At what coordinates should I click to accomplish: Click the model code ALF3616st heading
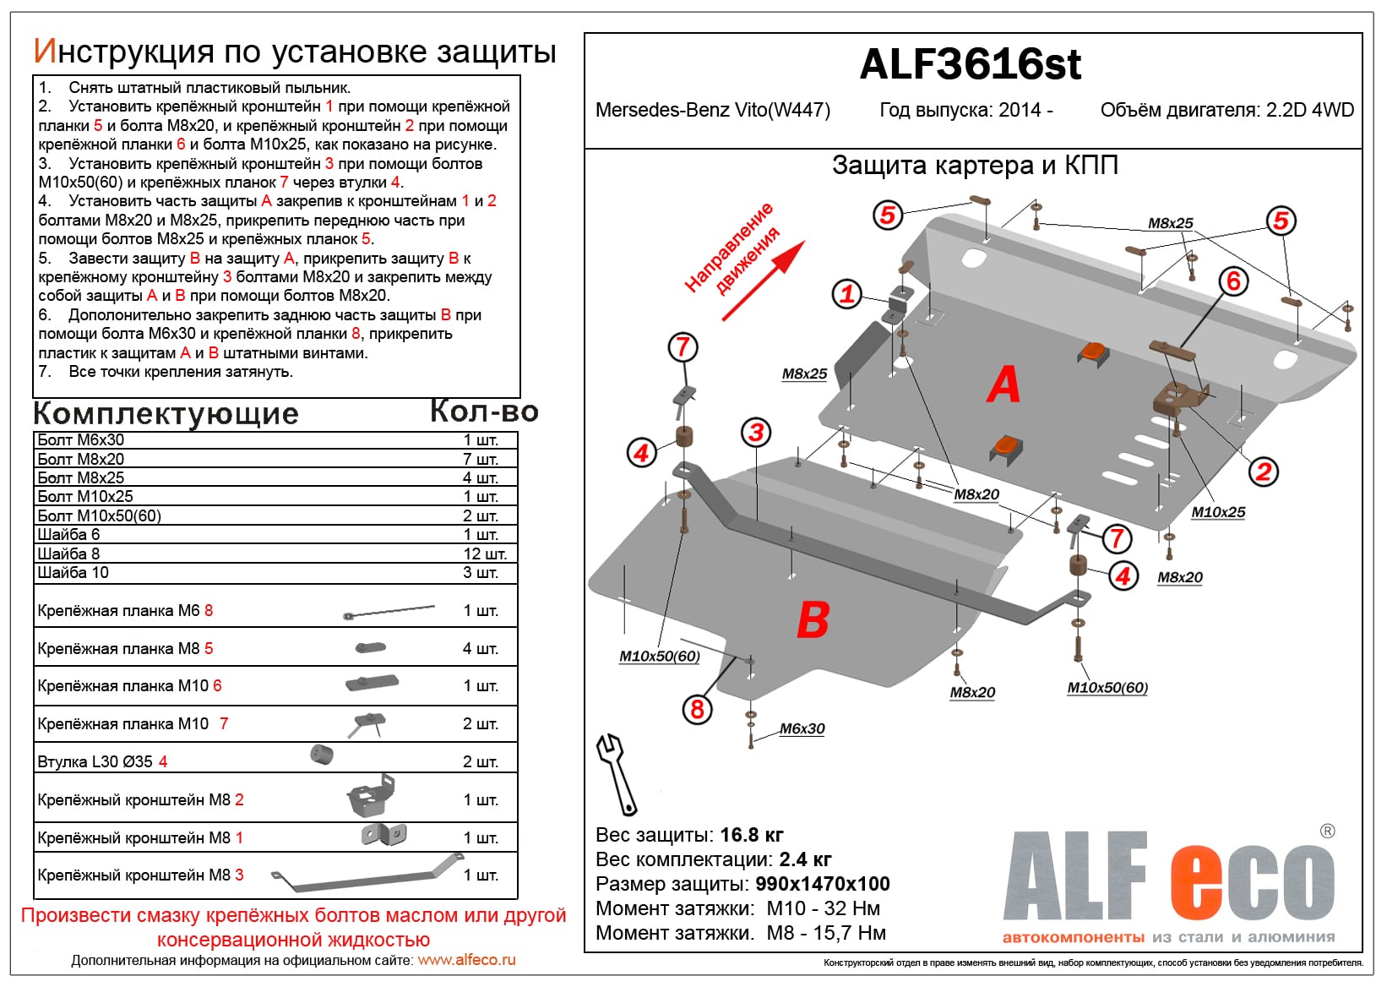[x=970, y=65]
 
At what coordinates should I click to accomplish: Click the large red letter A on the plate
[x=1004, y=385]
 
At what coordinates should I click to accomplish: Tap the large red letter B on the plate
[x=813, y=620]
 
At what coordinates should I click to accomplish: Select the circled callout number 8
[x=697, y=709]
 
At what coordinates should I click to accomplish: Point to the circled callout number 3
[x=756, y=433]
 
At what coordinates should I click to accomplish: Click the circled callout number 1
[x=846, y=294]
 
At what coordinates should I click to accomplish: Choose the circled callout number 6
[x=1233, y=281]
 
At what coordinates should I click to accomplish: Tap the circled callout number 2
[x=1263, y=472]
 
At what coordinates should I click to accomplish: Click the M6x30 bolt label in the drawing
[x=802, y=728]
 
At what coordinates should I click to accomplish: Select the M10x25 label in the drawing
[x=1217, y=512]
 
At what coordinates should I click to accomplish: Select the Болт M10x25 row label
[x=85, y=497]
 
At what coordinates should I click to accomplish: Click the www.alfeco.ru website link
[x=466, y=960]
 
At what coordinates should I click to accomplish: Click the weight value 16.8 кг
[x=752, y=835]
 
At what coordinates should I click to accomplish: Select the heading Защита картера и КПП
[x=975, y=165]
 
